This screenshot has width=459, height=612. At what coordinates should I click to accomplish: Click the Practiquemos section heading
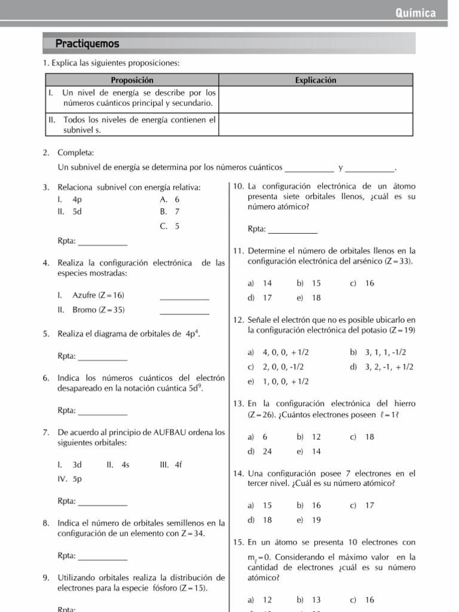pyautogui.click(x=87, y=44)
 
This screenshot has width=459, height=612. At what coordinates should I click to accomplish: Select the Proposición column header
pyautogui.click(x=132, y=80)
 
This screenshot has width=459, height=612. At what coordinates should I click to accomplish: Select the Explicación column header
pyautogui.click(x=316, y=80)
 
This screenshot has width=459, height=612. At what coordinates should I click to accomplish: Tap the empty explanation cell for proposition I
pyautogui.click(x=316, y=99)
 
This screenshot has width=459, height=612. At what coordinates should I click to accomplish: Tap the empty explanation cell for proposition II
pyautogui.click(x=316, y=124)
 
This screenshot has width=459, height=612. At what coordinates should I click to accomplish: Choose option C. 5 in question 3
pyautogui.click(x=170, y=227)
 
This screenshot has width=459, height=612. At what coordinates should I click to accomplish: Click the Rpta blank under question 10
pyautogui.click(x=293, y=229)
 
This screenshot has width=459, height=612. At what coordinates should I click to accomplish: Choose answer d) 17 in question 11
pyautogui.click(x=260, y=298)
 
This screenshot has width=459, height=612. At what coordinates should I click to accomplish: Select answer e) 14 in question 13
pyautogui.click(x=309, y=451)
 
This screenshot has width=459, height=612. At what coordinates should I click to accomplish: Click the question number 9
pyautogui.click(x=46, y=578)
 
